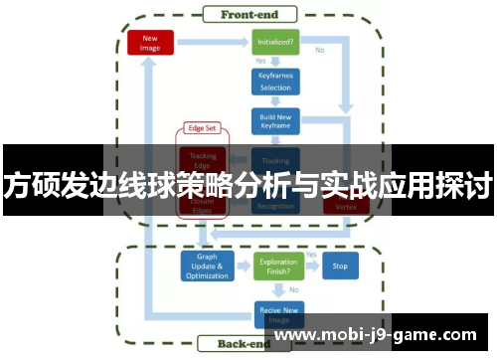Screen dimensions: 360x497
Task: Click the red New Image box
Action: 151,42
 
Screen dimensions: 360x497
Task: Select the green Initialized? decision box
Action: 275,42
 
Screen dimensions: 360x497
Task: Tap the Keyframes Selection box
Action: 275,81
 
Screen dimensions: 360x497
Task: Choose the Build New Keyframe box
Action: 275,120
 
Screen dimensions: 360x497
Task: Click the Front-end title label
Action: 248,13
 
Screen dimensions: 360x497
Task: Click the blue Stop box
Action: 340,267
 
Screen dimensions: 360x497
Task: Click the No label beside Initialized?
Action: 320,49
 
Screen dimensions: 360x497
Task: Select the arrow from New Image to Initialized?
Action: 212,42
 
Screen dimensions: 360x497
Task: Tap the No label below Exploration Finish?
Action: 293,289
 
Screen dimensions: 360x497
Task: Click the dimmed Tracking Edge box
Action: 204,159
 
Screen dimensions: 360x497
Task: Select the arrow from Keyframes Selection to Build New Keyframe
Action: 275,100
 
